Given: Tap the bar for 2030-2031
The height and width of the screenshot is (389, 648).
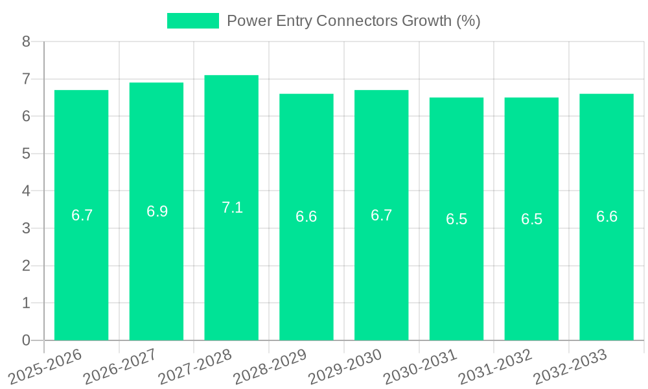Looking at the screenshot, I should (456, 272).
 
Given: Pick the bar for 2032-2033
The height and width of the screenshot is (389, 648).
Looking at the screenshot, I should (607, 272).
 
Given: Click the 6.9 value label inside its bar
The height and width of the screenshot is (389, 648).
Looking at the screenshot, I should (157, 211).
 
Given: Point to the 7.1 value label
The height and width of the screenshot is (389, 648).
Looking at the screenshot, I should (232, 207).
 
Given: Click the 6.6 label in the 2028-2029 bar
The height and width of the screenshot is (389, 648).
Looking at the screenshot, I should (307, 217).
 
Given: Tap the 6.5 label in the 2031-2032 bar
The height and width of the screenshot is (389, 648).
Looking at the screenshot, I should (531, 219).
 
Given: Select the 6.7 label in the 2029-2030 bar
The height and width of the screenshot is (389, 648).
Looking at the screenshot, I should (382, 215).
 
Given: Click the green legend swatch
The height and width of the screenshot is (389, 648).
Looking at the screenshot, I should (192, 21).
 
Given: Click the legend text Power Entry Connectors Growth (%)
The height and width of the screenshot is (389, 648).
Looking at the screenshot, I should (353, 21).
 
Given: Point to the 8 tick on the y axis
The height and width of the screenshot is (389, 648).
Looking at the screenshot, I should (26, 41).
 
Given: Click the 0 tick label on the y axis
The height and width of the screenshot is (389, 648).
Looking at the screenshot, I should (26, 340).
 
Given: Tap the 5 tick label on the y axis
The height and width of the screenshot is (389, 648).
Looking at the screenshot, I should (26, 154).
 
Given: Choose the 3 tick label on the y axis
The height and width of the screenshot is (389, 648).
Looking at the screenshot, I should (26, 228).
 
